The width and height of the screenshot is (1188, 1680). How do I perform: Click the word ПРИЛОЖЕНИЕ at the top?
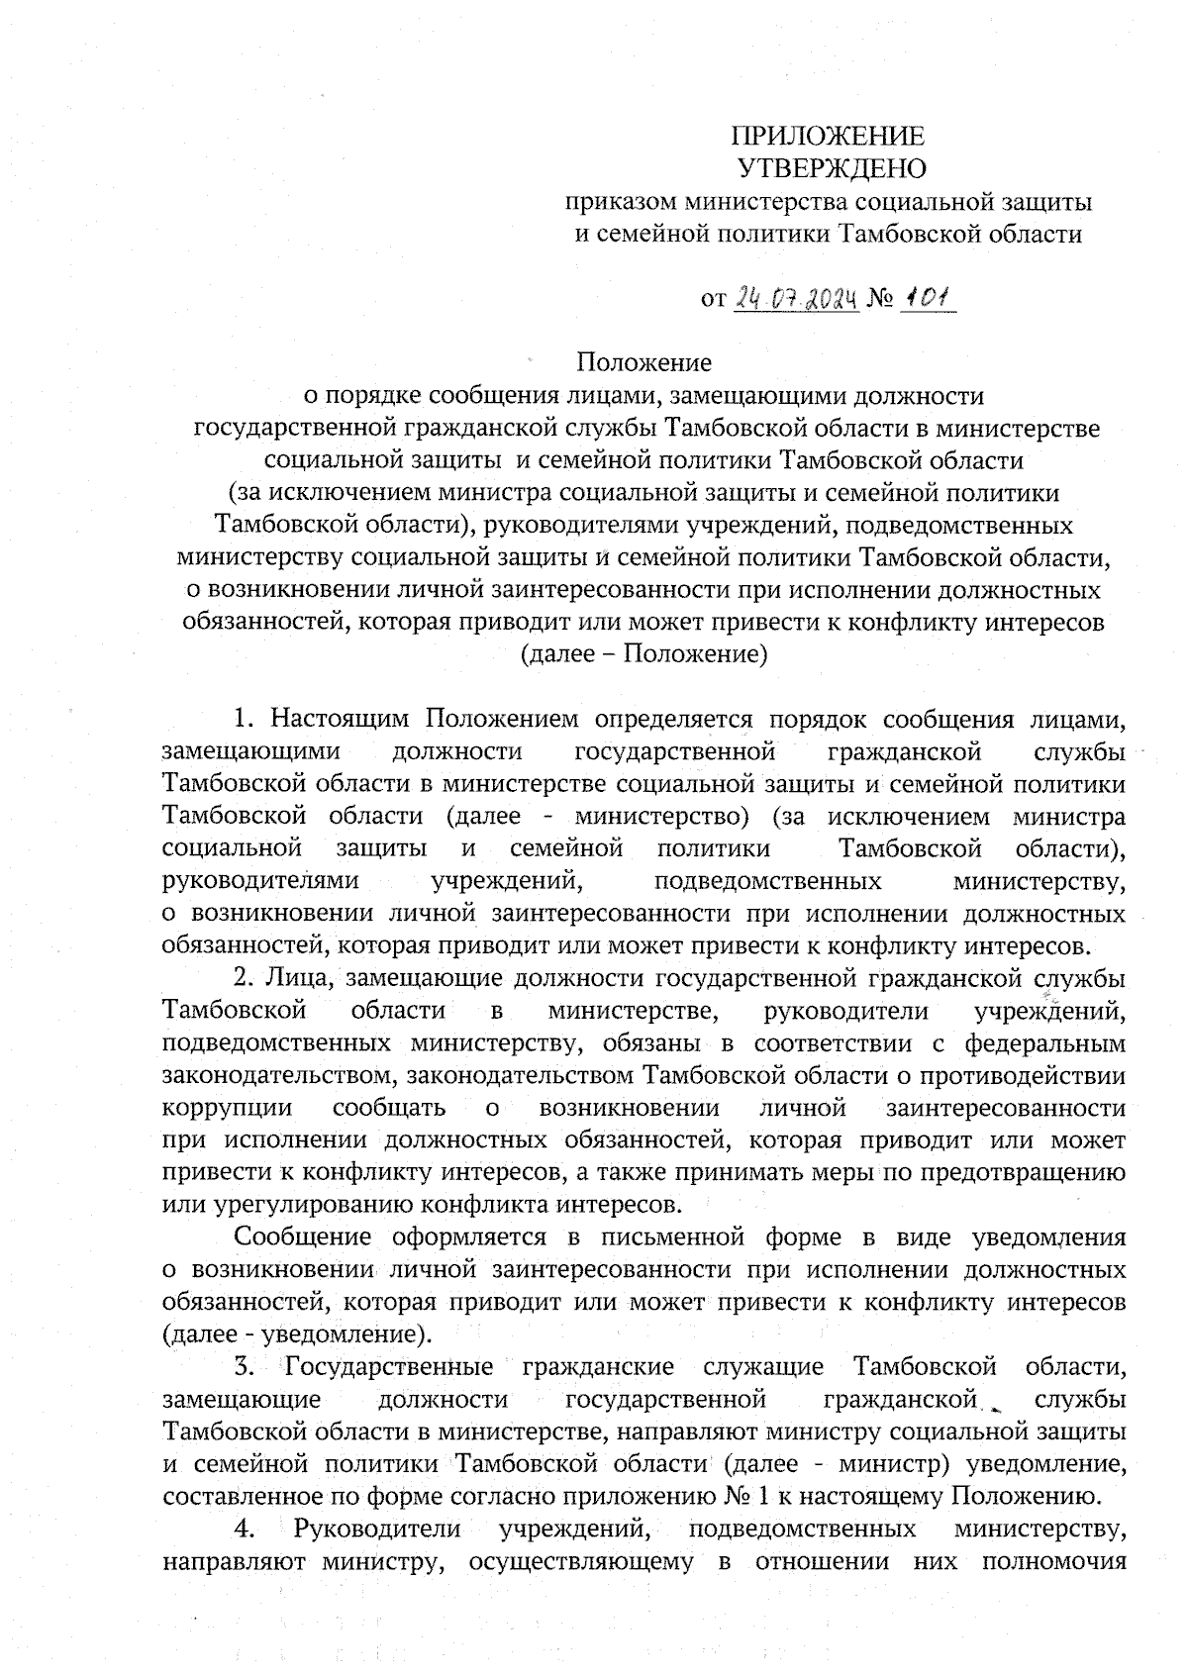(x=829, y=137)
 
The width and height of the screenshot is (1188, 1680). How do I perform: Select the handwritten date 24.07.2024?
(x=795, y=298)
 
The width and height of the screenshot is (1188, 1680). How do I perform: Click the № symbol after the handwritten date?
(x=880, y=299)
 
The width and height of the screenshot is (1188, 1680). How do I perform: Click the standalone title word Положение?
(x=644, y=362)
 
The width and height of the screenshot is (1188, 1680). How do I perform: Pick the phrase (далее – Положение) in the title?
(x=644, y=654)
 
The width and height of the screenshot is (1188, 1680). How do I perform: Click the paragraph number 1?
(x=242, y=718)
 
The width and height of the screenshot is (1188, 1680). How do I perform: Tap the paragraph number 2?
(x=242, y=978)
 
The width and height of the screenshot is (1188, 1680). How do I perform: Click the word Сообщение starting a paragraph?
(x=289, y=1237)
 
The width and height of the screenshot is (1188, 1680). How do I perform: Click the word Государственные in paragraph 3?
(x=389, y=1368)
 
